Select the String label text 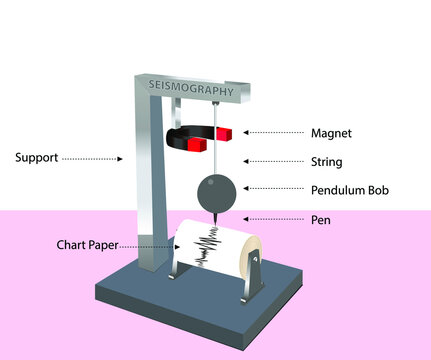pos(326,160)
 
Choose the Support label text pos(36,157)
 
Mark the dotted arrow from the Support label pos(91,157)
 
